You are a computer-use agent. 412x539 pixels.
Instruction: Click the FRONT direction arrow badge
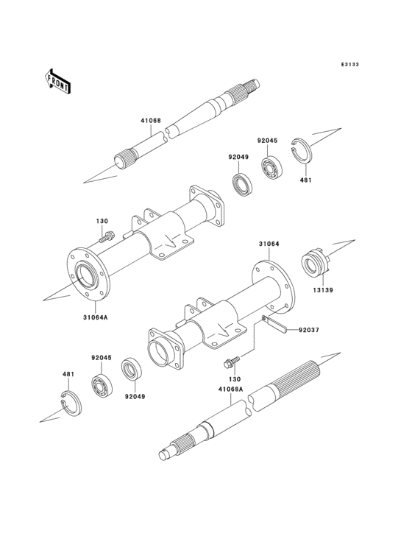58,80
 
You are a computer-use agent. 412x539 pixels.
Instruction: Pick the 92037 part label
309,330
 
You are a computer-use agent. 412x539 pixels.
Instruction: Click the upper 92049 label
238,157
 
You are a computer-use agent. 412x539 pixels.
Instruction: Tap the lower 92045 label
102,358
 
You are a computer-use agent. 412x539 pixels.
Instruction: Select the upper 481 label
307,180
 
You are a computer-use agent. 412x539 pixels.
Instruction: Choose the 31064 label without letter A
269,244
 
